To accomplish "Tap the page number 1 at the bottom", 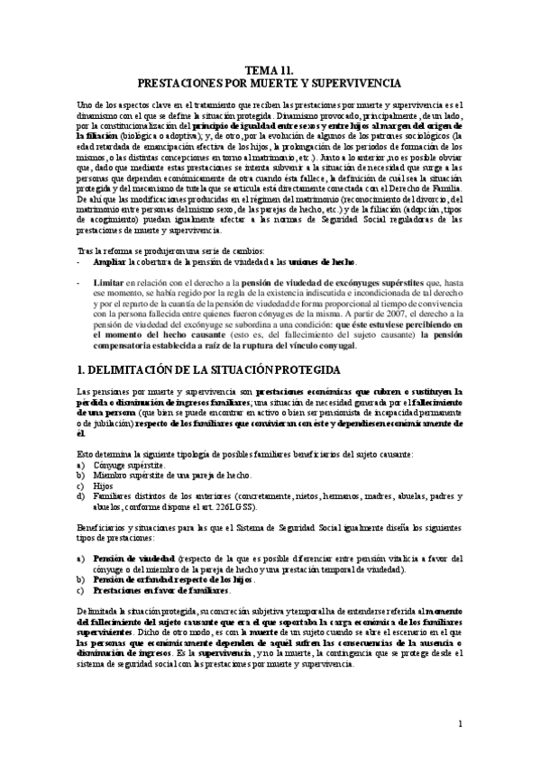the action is tap(459, 723).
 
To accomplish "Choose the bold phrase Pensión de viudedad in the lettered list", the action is tap(133, 559).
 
